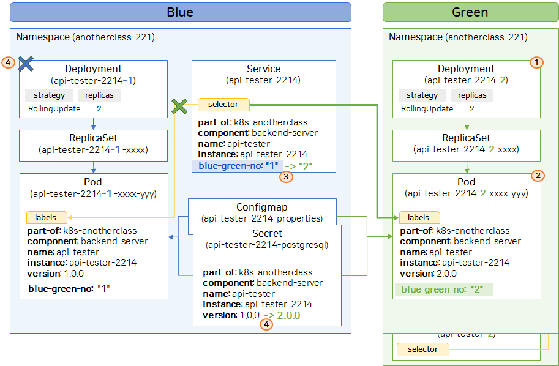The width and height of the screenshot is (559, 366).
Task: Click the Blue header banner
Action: pyautogui.click(x=181, y=12)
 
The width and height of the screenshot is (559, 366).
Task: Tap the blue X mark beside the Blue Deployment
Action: pyautogui.click(x=26, y=64)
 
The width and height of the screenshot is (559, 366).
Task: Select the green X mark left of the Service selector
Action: pyautogui.click(x=179, y=106)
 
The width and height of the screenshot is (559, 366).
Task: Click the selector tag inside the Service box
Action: pyautogui.click(x=223, y=105)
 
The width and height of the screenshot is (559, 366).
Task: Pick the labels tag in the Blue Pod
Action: pyautogui.click(x=47, y=217)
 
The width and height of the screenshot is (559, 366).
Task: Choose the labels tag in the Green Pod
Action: pyautogui.click(x=419, y=217)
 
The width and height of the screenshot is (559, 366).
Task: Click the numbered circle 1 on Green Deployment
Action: pyautogui.click(x=536, y=62)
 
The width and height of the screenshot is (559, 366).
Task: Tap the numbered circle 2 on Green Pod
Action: pyautogui.click(x=538, y=175)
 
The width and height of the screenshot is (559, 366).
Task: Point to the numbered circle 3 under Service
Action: pyautogui.click(x=286, y=176)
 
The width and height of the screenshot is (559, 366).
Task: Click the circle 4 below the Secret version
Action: pyautogui.click(x=266, y=324)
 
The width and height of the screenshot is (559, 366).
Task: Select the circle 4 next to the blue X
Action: pyautogui.click(x=8, y=62)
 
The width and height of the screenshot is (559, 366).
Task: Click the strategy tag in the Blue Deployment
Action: pyautogui.click(x=49, y=95)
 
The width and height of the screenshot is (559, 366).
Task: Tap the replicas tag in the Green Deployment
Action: pyautogui.click(x=472, y=95)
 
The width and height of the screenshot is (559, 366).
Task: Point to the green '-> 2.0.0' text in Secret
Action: pyautogui.click(x=282, y=315)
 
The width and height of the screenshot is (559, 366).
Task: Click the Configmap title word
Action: pyautogui.click(x=261, y=207)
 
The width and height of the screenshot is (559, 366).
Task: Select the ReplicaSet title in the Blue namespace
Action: pyautogui.click(x=94, y=138)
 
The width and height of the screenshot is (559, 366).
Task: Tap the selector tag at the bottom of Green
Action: pyautogui.click(x=423, y=349)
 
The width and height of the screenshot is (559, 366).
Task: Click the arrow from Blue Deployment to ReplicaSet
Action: pyautogui.click(x=94, y=124)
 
